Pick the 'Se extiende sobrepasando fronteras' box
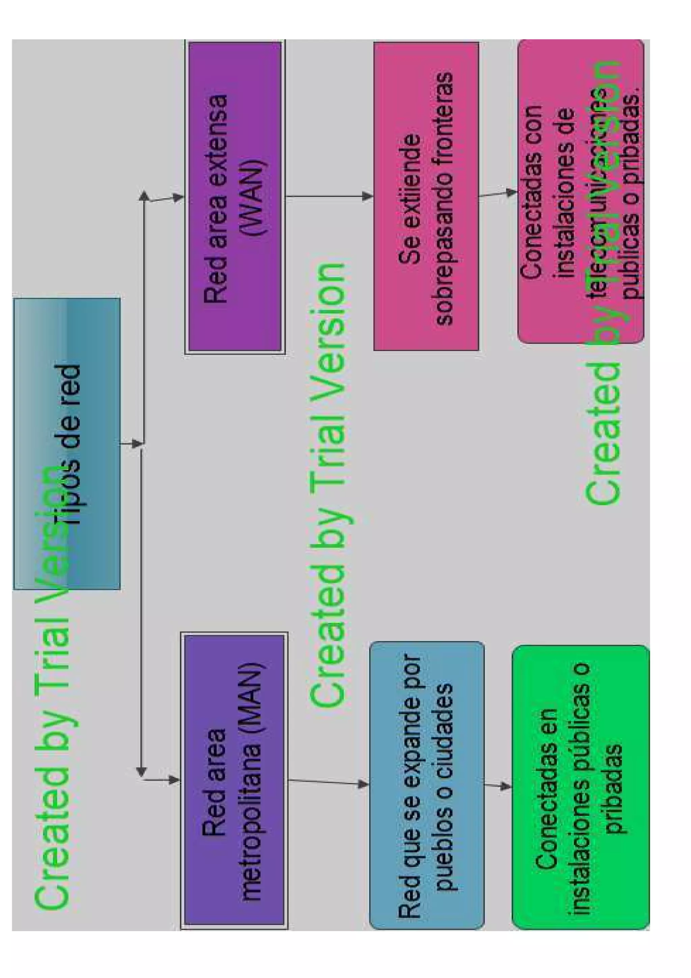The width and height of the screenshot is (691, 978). click(426, 197)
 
